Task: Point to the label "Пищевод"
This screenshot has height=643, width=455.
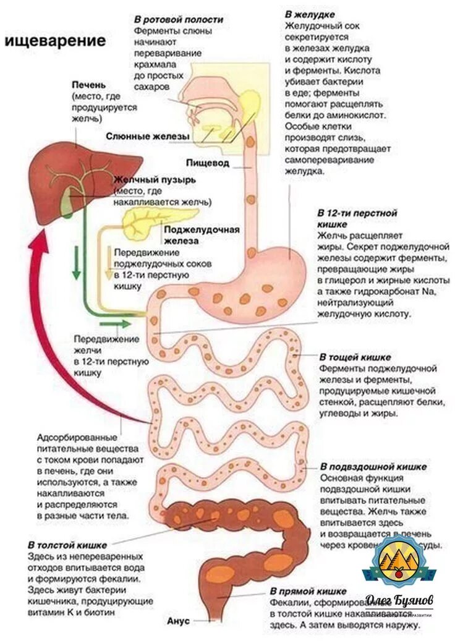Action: tap(208, 163)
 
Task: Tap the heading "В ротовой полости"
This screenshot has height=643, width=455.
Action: tap(179, 19)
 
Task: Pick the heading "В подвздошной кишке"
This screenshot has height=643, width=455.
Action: tap(373, 466)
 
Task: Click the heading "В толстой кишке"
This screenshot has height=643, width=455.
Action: tap(67, 545)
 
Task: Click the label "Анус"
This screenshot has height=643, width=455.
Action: tap(178, 620)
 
